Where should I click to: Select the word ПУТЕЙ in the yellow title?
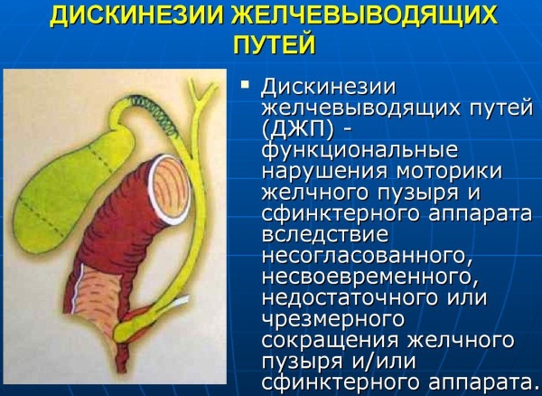[x=274, y=44]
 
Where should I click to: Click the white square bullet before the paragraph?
[x=246, y=84]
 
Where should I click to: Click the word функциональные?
[x=360, y=151]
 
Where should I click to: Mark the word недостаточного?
[x=353, y=297]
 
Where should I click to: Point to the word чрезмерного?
[x=332, y=320]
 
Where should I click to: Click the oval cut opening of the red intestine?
[x=170, y=190]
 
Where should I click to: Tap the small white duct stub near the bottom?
[x=180, y=302]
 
